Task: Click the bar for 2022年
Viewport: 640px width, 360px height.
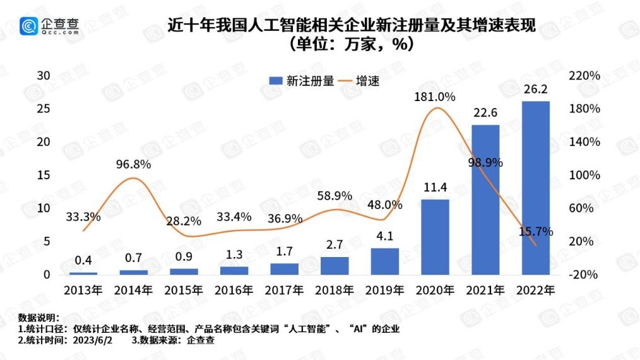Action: [535, 188]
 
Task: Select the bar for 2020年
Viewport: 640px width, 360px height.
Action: [435, 237]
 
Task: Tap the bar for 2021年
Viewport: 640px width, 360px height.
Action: [485, 200]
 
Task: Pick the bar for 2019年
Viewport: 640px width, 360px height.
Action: [384, 261]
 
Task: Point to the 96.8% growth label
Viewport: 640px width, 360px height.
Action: [133, 164]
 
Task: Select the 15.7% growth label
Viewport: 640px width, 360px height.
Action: [536, 232]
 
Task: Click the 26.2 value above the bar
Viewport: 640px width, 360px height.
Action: [535, 88]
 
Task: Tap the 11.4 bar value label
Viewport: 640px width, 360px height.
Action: [435, 188]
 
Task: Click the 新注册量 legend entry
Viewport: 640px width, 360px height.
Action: [302, 81]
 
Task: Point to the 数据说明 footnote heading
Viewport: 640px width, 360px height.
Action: [39, 318]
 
